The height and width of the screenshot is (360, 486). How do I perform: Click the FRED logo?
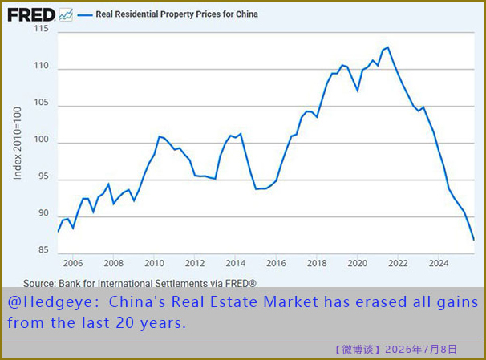pyautogui.click(x=31, y=14)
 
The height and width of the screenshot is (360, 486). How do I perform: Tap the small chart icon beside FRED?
pyautogui.click(x=66, y=14)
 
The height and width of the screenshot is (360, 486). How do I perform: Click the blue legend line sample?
pyautogui.click(x=85, y=14)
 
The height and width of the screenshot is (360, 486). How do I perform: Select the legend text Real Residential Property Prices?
pyautogui.click(x=158, y=14)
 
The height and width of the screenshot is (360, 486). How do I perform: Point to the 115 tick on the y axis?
pyautogui.click(x=41, y=29)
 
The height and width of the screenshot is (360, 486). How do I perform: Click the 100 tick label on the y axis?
pyautogui.click(x=41, y=139)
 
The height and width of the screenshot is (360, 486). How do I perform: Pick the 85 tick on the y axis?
pyautogui.click(x=43, y=249)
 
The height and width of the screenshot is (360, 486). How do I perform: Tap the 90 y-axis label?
pyautogui.click(x=43, y=212)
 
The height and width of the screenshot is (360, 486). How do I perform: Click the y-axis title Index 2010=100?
pyautogui.click(x=18, y=143)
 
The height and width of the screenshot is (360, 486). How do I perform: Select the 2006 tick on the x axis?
pyautogui.click(x=73, y=263)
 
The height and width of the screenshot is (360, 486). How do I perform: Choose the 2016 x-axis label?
pyautogui.click(x=276, y=263)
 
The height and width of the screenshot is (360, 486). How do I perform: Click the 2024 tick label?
pyautogui.click(x=439, y=263)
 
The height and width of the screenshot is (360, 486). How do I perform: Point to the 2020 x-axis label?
pyautogui.click(x=358, y=263)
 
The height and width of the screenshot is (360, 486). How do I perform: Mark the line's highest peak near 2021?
pyautogui.click(x=388, y=47)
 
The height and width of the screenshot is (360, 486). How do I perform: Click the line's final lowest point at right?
pyautogui.click(x=474, y=240)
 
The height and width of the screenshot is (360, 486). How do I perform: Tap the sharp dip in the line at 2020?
pyautogui.click(x=358, y=91)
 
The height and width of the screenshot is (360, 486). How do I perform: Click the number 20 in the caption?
pyautogui.click(x=124, y=323)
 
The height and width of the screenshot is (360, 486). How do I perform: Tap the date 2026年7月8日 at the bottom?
pyautogui.click(x=421, y=350)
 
